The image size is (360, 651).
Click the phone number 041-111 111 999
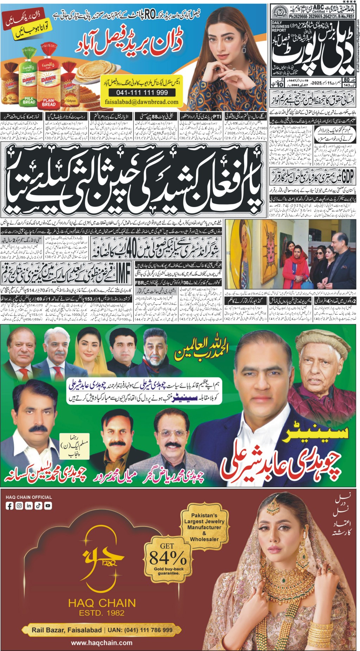143,93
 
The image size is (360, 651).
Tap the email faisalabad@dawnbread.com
141,102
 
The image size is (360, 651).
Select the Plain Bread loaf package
49,84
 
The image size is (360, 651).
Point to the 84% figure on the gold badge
168,558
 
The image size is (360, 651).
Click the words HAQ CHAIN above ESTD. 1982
102,603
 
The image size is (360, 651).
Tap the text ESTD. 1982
102,613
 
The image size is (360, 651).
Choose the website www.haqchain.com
102,643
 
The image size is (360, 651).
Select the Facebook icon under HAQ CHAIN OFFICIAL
10,506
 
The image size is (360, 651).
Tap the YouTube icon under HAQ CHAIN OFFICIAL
48,506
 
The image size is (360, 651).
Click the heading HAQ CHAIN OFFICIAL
29,497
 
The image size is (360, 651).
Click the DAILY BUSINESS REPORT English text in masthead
280,26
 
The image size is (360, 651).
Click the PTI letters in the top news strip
218,116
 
